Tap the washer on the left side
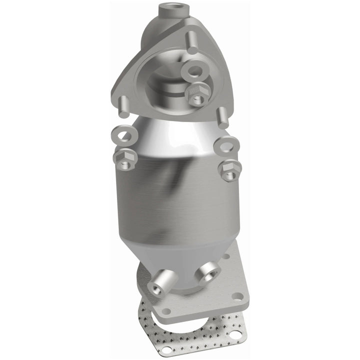[120, 136]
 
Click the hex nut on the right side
[229, 170]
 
